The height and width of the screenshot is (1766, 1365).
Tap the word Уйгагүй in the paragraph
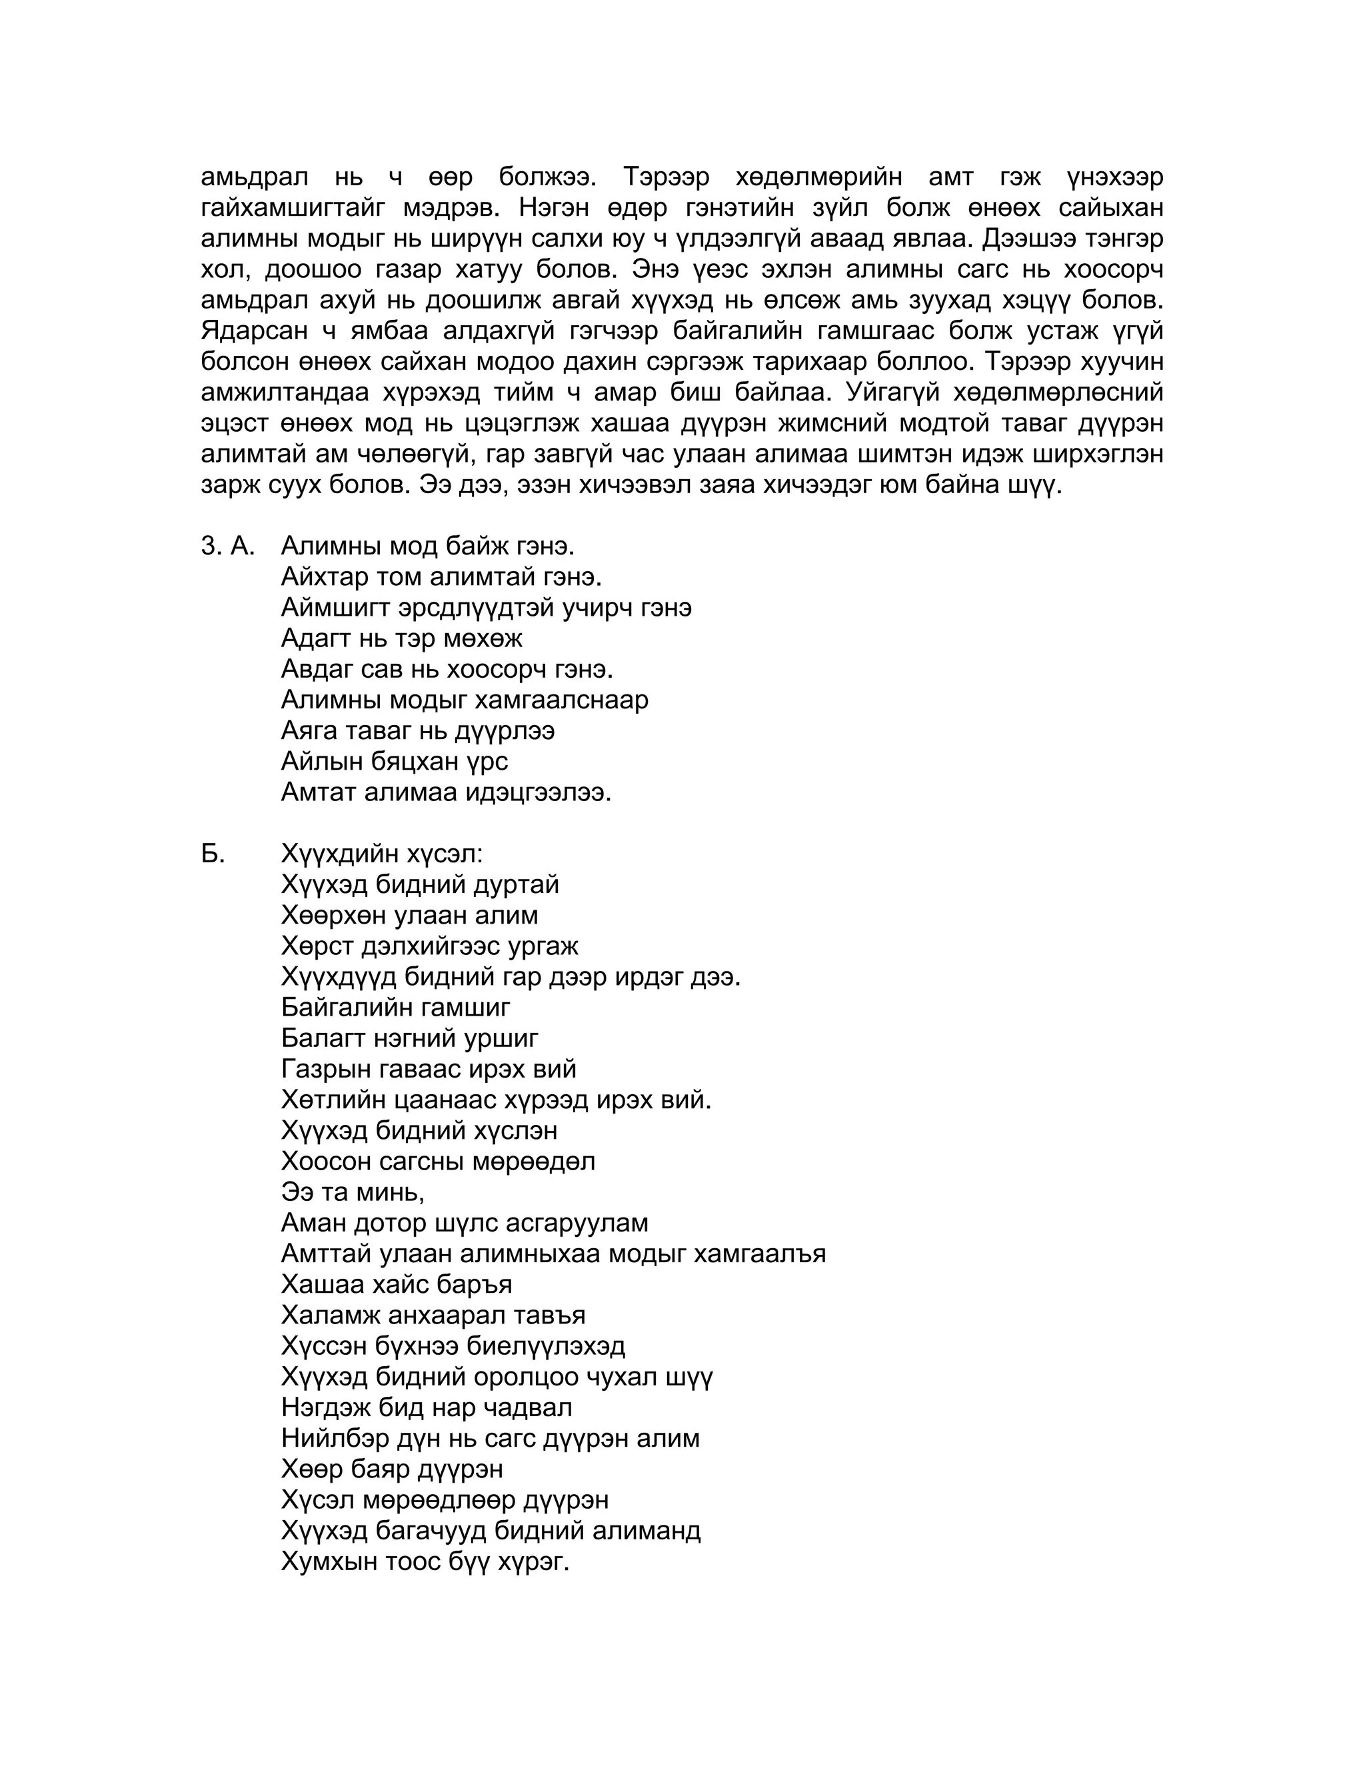point(890,393)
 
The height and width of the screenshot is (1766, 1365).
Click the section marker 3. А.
point(227,546)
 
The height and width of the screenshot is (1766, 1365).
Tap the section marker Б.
point(213,854)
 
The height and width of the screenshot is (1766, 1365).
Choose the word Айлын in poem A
point(318,762)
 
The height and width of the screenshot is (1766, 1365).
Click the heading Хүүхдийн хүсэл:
point(382,854)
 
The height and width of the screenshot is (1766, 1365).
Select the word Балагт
point(323,1038)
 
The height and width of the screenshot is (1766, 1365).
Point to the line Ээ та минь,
point(353,1192)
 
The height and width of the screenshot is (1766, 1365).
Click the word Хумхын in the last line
point(329,1561)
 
